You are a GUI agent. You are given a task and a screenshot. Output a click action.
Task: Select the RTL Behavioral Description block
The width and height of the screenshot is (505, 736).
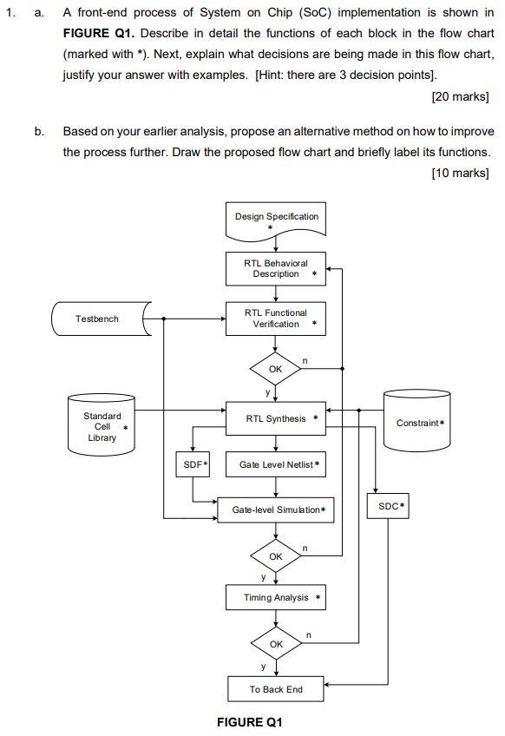click(276, 268)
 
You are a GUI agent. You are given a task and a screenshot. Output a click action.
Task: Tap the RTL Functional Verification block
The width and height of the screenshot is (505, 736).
click(276, 319)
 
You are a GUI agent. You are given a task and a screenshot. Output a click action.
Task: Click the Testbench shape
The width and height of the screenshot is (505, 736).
click(98, 319)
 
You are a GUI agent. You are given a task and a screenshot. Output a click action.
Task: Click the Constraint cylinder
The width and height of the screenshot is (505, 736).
click(420, 423)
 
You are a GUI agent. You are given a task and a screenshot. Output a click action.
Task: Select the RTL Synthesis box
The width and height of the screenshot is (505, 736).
click(276, 418)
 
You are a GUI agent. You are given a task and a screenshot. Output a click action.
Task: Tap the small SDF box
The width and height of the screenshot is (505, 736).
click(193, 465)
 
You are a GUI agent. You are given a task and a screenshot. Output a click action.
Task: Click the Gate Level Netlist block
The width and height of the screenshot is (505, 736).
click(276, 465)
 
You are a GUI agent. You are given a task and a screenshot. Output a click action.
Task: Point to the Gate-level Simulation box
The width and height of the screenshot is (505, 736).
click(276, 509)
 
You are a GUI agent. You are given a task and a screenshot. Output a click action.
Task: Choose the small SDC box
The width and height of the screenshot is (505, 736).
click(391, 504)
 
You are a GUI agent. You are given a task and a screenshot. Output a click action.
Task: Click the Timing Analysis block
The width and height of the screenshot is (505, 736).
click(276, 597)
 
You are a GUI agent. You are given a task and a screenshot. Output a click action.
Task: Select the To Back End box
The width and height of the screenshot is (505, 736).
click(276, 689)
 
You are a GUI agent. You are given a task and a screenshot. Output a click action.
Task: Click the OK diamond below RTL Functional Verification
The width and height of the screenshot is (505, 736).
click(276, 369)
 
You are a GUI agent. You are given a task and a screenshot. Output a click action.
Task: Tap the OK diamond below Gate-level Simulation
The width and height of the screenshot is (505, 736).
click(276, 555)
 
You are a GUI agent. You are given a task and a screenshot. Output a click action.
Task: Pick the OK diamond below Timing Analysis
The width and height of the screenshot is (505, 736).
click(276, 644)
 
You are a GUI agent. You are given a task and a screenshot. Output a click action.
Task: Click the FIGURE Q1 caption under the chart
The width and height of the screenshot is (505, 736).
click(250, 722)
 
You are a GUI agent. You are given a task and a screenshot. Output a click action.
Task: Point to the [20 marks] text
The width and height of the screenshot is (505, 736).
click(460, 95)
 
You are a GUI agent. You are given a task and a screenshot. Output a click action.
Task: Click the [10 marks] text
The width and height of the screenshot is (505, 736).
click(460, 173)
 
